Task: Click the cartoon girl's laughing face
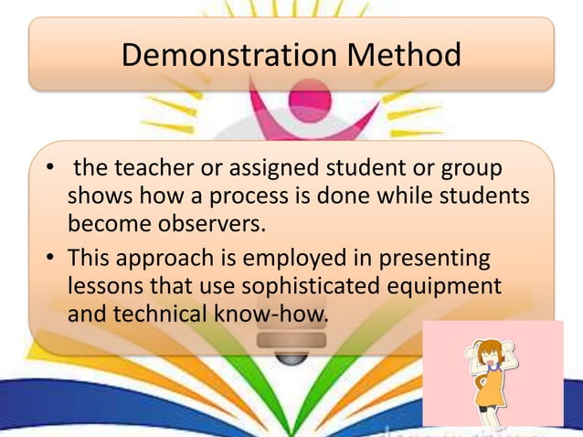coord(492,357)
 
